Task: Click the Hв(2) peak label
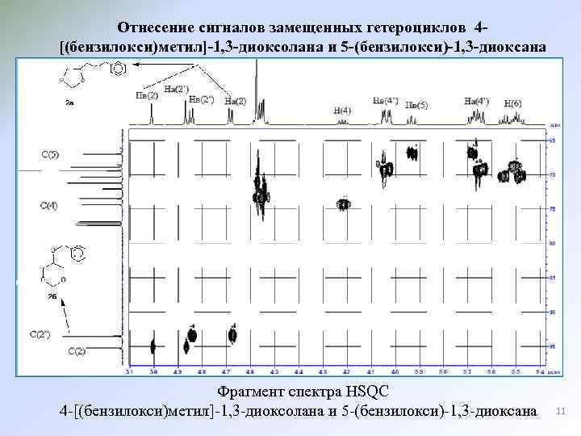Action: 147,95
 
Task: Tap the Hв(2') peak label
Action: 201,99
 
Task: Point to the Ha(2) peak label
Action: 236,101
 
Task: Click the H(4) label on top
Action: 342,110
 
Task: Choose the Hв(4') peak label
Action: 386,101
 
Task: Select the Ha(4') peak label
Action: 476,101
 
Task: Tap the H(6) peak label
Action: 512,104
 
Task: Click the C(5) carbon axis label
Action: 50,153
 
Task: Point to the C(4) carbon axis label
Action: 48,206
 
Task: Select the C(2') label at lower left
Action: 40,333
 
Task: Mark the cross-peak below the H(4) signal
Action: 343,204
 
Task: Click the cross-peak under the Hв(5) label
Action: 412,152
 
